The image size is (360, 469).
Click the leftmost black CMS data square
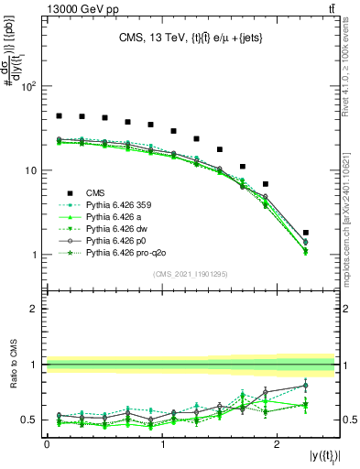59,116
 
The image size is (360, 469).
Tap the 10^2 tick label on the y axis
28,87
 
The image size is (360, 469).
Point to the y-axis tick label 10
31,171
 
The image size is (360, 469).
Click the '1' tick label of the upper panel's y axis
35,255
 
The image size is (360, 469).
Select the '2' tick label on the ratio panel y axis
35,309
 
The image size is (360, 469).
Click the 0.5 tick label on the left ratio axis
31,420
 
